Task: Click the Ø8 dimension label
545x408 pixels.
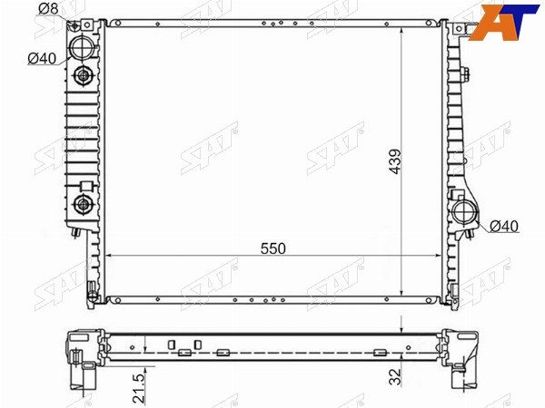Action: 50,9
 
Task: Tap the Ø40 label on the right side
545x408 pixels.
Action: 503,226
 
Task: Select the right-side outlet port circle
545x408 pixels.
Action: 466,214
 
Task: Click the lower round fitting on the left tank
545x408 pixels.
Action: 84,204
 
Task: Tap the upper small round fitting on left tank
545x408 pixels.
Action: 84,75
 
